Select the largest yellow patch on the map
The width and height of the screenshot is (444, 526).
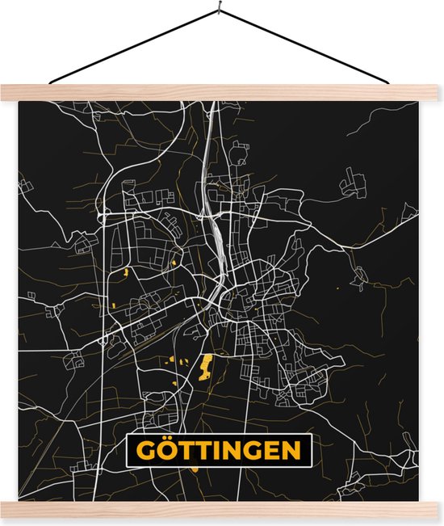[x=205, y=368]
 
